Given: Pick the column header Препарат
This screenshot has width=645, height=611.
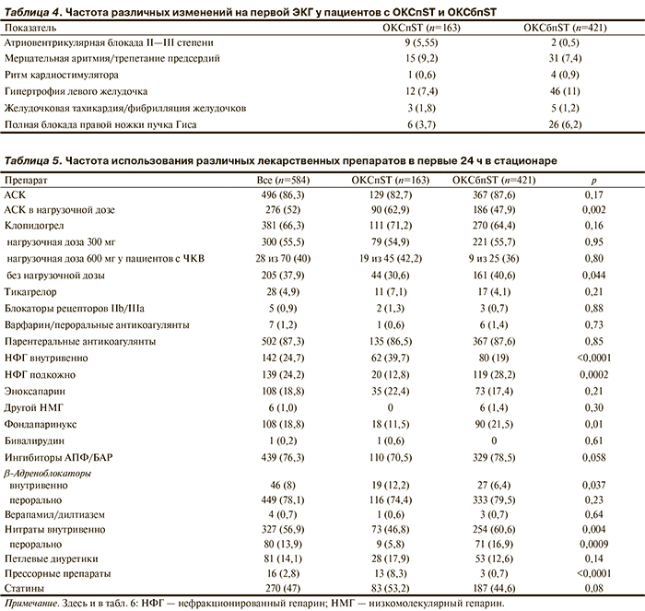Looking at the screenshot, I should (x=26, y=180).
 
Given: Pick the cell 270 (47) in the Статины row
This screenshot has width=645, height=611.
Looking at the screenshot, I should (x=276, y=587).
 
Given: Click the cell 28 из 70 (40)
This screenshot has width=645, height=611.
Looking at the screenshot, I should (x=276, y=258).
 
